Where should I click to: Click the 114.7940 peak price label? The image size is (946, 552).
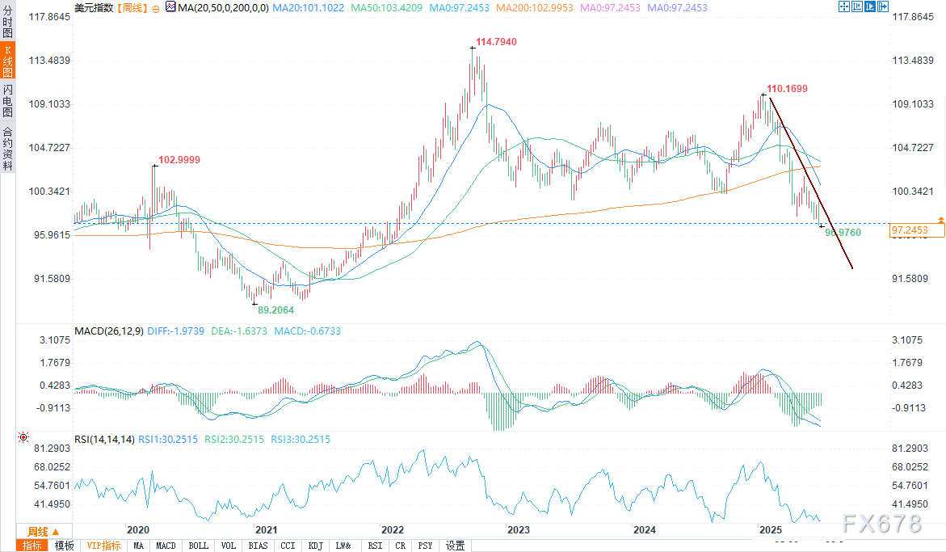(x=497, y=41)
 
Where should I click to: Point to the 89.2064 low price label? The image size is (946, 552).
(x=275, y=310)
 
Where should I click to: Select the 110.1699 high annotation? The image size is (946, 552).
(x=787, y=88)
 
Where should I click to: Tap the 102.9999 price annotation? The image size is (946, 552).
(x=179, y=160)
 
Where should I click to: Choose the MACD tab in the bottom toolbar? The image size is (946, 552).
(x=166, y=546)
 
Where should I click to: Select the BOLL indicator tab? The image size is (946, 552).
(x=198, y=546)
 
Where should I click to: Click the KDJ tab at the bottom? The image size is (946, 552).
(x=315, y=546)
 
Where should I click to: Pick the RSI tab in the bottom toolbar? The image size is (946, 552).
(x=375, y=546)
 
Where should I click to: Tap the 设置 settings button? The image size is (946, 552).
(x=456, y=546)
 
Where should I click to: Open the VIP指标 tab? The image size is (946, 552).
(x=103, y=546)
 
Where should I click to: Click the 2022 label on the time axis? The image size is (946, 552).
(x=393, y=529)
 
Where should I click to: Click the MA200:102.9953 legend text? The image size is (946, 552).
(x=533, y=7)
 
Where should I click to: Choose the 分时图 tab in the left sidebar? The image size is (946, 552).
(x=7, y=21)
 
